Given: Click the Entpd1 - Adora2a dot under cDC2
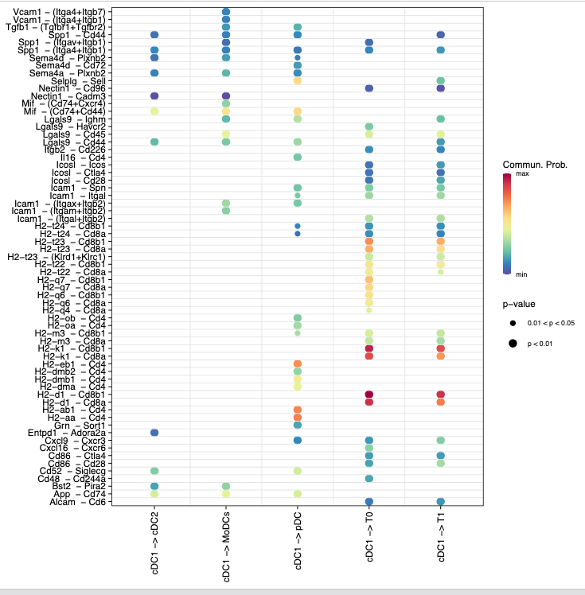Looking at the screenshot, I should [x=154, y=432].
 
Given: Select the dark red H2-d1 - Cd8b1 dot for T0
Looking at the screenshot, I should [x=369, y=395].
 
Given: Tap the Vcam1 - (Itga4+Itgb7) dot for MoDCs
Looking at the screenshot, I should [x=225, y=12].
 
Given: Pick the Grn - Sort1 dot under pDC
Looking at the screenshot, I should [x=297, y=425].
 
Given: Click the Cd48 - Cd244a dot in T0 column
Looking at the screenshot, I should [x=369, y=478].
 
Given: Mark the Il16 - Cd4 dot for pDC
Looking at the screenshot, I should [x=297, y=157].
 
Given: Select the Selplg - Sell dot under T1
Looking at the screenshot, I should [x=440, y=81].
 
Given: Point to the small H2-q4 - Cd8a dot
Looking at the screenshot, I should [x=369, y=310].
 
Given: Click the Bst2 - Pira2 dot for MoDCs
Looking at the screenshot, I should [x=225, y=486].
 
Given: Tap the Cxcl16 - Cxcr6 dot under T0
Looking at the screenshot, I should [x=369, y=448].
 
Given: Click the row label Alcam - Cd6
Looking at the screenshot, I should [x=76, y=501].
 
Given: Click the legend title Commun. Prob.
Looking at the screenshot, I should [x=534, y=165].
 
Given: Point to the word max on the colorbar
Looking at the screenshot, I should [x=523, y=173].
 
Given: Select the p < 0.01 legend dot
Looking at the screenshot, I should [x=513, y=343].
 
